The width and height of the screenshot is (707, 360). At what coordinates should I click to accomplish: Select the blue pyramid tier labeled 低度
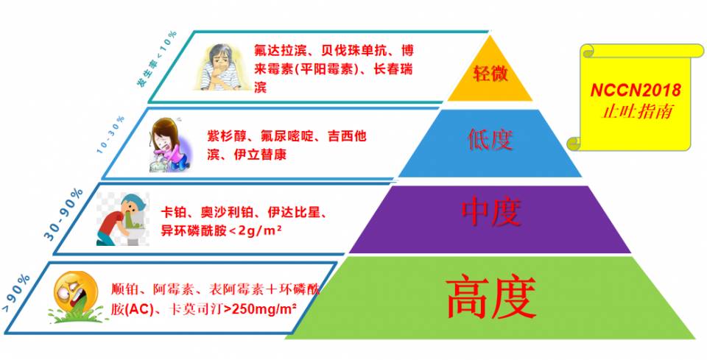click(490, 144)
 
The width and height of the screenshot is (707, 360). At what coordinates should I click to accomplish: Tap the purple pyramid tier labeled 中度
click(490, 219)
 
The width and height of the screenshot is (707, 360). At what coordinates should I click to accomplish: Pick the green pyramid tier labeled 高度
click(490, 298)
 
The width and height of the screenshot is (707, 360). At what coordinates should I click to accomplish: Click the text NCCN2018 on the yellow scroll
click(636, 91)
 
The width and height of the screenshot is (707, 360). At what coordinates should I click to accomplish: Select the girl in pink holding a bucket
click(169, 144)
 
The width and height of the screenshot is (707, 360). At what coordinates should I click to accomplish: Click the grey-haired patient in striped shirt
click(219, 67)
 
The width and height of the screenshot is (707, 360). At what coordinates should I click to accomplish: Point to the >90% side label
click(16, 293)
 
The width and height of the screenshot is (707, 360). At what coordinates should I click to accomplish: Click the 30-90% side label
click(63, 214)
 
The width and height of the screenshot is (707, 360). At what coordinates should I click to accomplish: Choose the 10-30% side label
click(110, 135)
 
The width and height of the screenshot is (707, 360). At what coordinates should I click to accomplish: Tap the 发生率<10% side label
click(157, 59)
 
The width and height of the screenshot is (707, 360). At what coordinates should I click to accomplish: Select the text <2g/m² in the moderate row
click(256, 231)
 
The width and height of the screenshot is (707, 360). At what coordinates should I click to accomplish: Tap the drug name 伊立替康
click(260, 155)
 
